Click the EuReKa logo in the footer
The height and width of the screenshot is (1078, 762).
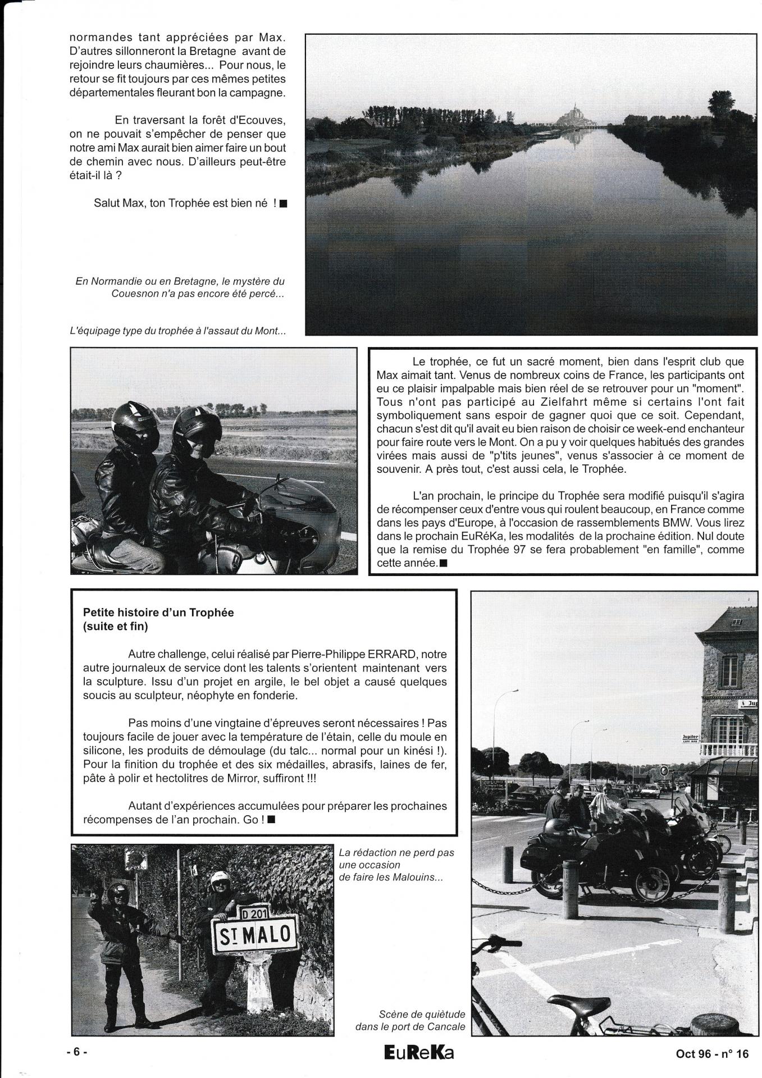click(x=419, y=1053)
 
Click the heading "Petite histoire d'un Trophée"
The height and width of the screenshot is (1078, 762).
click(x=158, y=613)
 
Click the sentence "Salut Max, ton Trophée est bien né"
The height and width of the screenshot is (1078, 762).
click(x=185, y=203)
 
